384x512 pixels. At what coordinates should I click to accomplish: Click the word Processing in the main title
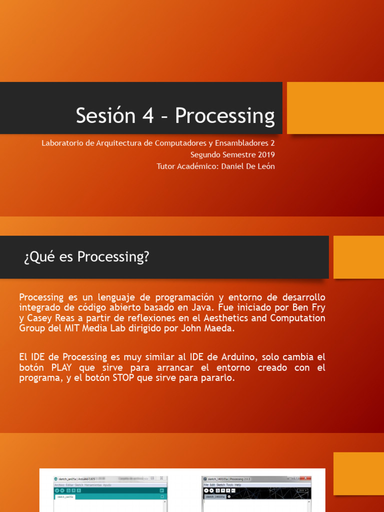(x=224, y=116)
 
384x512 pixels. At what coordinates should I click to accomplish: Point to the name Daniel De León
(x=247, y=166)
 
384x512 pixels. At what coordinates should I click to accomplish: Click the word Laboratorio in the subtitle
(x=62, y=143)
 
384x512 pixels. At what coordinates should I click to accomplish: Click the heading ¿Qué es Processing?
(x=86, y=257)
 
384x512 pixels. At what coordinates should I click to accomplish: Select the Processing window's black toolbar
(x=256, y=490)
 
